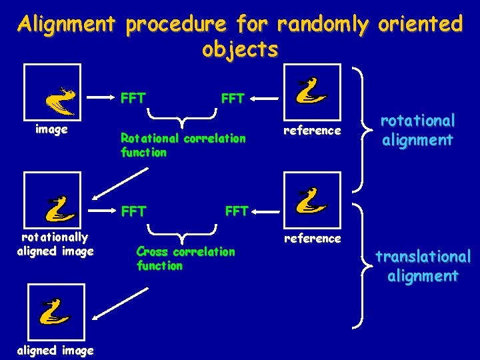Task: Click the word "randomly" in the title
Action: [x=323, y=25]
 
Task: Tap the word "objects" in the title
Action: [x=240, y=49]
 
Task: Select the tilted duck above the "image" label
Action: [x=59, y=100]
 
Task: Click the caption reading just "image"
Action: [x=51, y=130]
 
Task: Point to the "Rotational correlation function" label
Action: [x=183, y=145]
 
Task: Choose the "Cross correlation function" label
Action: [x=185, y=258]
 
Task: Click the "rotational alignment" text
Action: [x=417, y=130]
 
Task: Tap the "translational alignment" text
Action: [x=423, y=266]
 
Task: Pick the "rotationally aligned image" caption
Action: [x=55, y=243]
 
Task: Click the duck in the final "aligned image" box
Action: [x=56, y=312]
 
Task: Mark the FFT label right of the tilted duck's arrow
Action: [x=133, y=97]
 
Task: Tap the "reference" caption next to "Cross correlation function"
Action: [x=312, y=238]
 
